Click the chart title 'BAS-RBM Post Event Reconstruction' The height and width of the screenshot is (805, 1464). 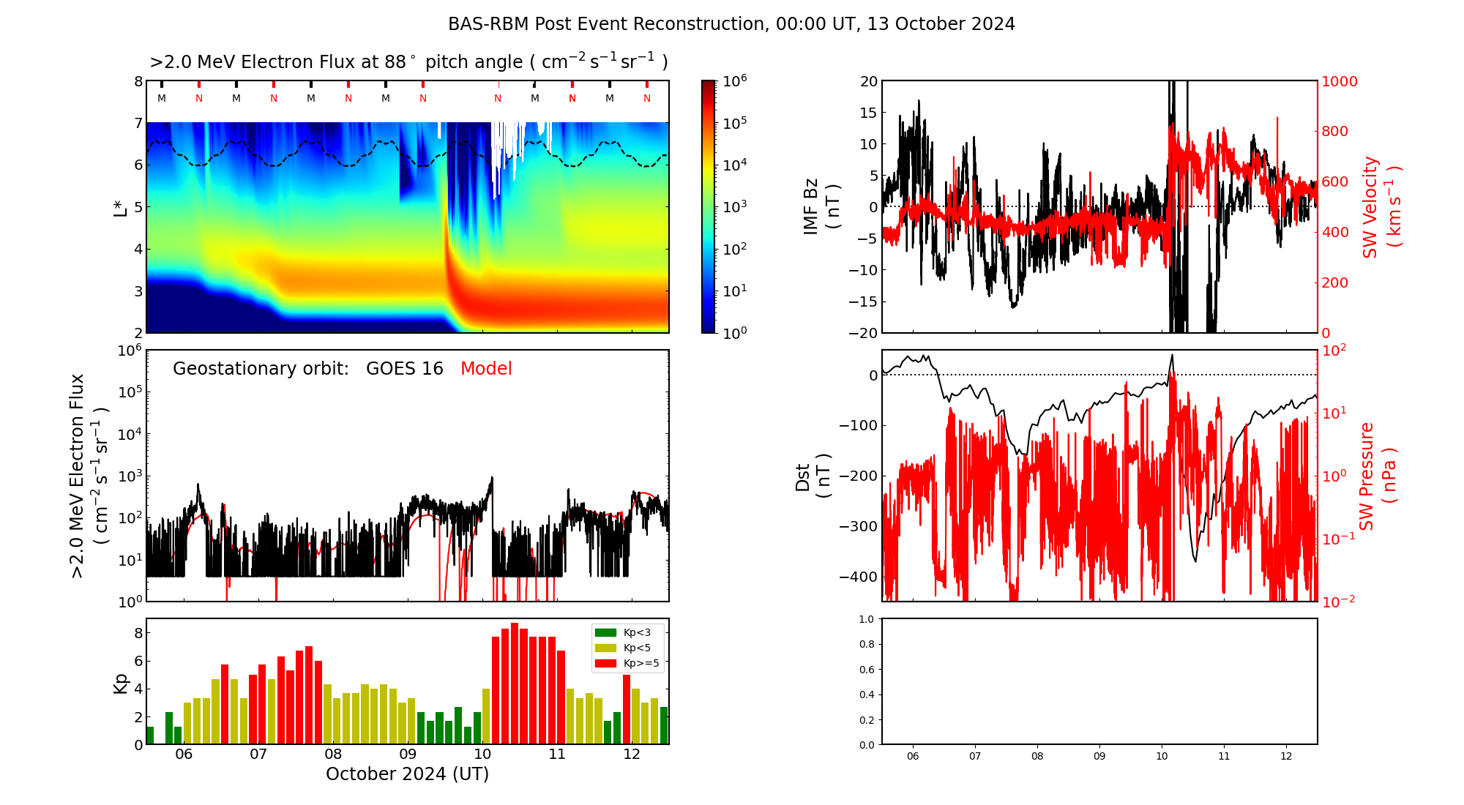(x=608, y=24)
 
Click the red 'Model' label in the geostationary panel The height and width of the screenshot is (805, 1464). (x=486, y=369)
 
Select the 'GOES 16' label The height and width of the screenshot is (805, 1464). (x=405, y=369)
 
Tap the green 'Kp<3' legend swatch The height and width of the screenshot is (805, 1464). (x=605, y=632)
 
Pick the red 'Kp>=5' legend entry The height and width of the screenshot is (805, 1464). (x=629, y=664)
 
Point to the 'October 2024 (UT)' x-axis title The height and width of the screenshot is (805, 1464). (x=407, y=774)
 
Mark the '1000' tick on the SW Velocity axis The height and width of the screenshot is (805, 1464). (x=1340, y=81)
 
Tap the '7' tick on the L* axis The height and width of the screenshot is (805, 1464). (x=138, y=123)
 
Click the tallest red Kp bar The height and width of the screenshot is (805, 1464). (x=515, y=684)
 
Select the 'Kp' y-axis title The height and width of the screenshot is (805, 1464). (x=121, y=683)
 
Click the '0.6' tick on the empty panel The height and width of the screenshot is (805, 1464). (x=866, y=670)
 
